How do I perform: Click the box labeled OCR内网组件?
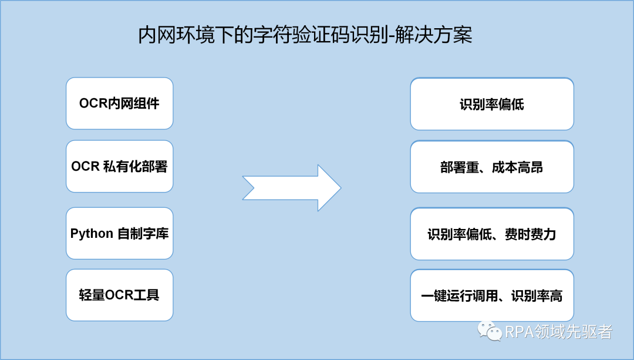pos(119,103)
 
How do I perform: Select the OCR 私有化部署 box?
pos(119,166)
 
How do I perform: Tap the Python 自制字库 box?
pos(119,233)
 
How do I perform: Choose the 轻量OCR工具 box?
pos(119,295)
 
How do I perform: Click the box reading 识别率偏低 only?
pos(491,104)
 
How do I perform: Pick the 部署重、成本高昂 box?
pos(491,167)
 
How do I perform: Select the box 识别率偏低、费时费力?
pos(491,234)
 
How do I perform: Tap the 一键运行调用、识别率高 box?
pos(491,295)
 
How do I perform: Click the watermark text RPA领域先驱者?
pos(558,332)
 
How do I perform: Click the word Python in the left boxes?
pos(92,233)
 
